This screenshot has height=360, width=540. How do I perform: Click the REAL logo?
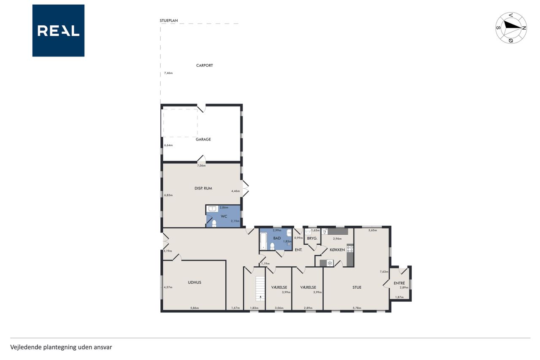coord(58,31)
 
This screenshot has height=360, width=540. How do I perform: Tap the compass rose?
coord(511,28)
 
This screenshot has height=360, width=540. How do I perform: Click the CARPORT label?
coord(205,65)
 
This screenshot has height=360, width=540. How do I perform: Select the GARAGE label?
coord(203,139)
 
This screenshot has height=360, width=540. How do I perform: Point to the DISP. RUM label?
coord(203,188)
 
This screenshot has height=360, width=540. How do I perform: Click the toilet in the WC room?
coord(214,224)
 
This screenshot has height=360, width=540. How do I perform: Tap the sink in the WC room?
coord(212,208)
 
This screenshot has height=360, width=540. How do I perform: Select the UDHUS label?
coord(194,282)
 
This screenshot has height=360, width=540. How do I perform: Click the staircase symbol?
coord(260,288)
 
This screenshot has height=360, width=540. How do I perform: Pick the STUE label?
coord(357,287)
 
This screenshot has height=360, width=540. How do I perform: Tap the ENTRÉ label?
coord(399,283)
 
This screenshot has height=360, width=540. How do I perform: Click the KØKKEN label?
coord(337,250)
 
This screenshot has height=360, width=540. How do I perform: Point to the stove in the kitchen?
coord(350,249)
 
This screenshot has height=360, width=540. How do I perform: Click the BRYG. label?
coord(312,238)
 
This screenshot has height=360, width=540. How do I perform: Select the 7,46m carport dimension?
coord(168,73)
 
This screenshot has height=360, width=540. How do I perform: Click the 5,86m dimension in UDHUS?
coord(194,308)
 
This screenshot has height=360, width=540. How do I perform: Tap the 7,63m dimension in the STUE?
coord(384,272)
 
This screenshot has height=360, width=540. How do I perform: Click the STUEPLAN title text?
coord(169,21)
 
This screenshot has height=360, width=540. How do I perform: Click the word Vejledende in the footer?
coord(26,347)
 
